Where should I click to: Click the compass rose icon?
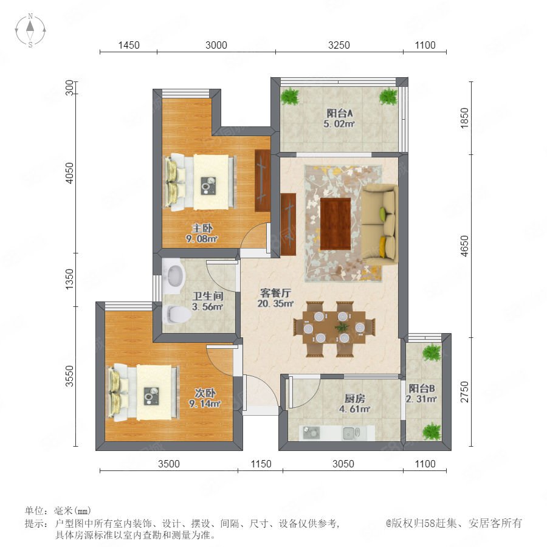[x=30, y=30]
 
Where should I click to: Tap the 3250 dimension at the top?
[x=339, y=46]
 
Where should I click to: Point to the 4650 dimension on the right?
[x=465, y=246]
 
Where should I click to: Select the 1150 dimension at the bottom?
[x=261, y=464]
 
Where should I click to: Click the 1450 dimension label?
[x=129, y=46]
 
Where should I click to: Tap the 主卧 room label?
[x=202, y=229]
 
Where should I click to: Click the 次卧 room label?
[x=205, y=393]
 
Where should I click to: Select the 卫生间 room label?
[x=208, y=296]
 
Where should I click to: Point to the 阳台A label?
[x=339, y=113]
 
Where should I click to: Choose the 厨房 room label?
[x=354, y=398]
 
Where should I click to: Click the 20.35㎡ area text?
[x=275, y=304]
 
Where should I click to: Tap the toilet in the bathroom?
[x=177, y=314]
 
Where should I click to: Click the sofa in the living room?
[x=380, y=225]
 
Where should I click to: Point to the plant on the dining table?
[x=341, y=327]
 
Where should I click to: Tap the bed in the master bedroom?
[x=200, y=182]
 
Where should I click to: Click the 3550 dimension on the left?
[x=70, y=376]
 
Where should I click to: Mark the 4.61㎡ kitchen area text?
[x=354, y=409]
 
